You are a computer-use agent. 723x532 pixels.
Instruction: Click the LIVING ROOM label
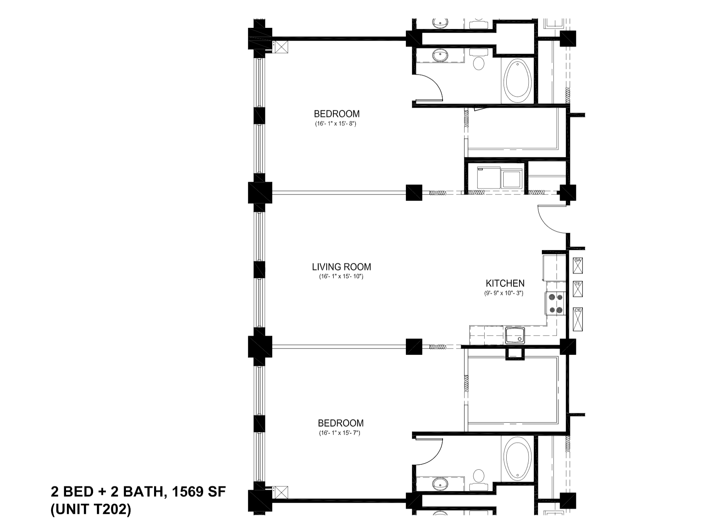(341, 267)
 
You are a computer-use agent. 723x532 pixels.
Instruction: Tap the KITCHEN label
(505, 283)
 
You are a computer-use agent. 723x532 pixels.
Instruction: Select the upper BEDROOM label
(336, 114)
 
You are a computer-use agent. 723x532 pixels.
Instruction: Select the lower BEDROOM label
(341, 423)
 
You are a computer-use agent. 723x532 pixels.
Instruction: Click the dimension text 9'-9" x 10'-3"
(504, 293)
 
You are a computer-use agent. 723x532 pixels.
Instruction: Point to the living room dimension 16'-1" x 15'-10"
(341, 276)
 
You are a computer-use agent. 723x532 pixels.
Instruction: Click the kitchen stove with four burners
(555, 304)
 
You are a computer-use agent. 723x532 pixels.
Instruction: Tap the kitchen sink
(515, 335)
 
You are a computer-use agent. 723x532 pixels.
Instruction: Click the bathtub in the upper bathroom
(517, 80)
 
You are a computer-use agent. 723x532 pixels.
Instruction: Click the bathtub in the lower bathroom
(517, 459)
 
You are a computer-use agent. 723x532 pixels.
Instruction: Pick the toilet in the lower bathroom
(479, 476)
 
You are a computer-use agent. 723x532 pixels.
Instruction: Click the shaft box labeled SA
(578, 265)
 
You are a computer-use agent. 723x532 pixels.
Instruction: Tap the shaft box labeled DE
(578, 319)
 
